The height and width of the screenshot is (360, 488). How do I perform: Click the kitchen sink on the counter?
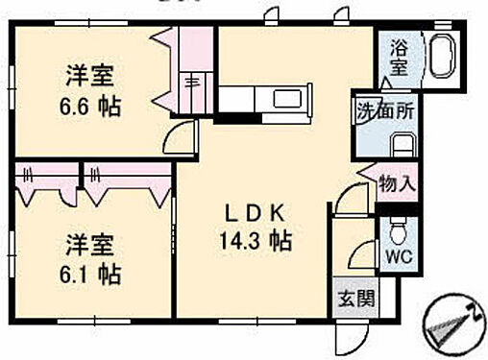(288, 99)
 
